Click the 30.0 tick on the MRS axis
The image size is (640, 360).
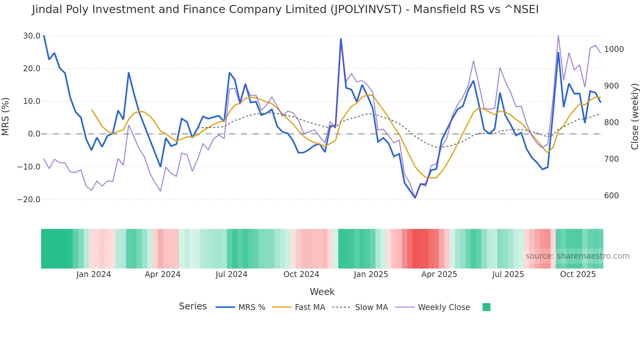point(32,36)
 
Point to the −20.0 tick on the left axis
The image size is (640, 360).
point(29,200)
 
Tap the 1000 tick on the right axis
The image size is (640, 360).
point(614,49)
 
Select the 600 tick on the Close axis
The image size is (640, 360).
point(611,196)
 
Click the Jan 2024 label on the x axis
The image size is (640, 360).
point(94,274)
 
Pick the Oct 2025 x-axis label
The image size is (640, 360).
point(578,274)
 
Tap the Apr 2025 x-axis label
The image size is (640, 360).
point(439,274)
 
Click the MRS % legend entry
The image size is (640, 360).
point(251,307)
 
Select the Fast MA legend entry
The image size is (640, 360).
point(310,307)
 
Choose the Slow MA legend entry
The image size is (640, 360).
point(371,307)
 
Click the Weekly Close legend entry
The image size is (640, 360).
point(444,307)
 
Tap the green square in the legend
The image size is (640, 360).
point(486,307)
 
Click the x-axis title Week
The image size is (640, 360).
point(322,292)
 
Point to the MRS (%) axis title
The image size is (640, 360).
point(6,117)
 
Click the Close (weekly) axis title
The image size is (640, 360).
point(634,117)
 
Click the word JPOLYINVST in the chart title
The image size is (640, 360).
point(366,9)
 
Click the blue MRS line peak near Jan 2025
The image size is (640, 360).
point(341,39)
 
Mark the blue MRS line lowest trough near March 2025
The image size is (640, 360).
point(415,198)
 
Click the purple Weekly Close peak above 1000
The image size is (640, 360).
point(558,36)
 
